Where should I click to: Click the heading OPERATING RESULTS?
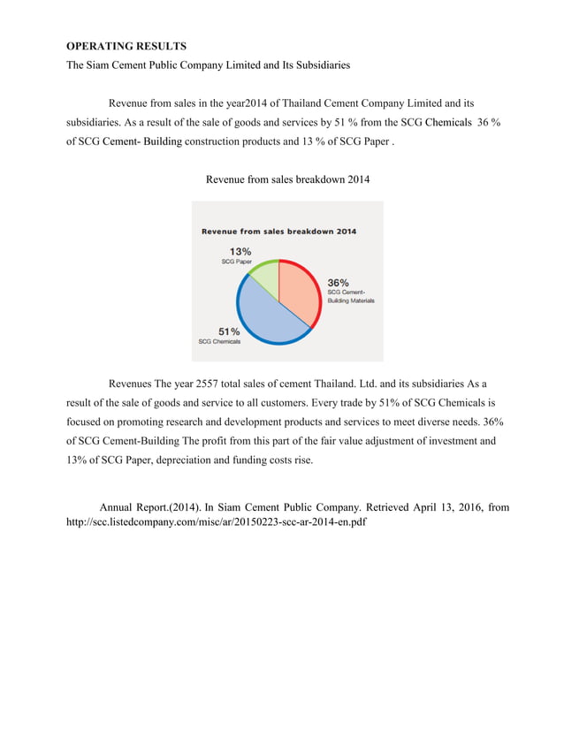(126, 45)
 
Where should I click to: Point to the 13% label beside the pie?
(240, 251)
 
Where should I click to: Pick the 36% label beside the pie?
(339, 282)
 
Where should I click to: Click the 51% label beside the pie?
(230, 331)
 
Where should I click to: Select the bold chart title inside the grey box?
(278, 232)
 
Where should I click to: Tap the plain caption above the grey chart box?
(287, 180)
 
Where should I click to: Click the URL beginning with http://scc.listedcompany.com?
(216, 522)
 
